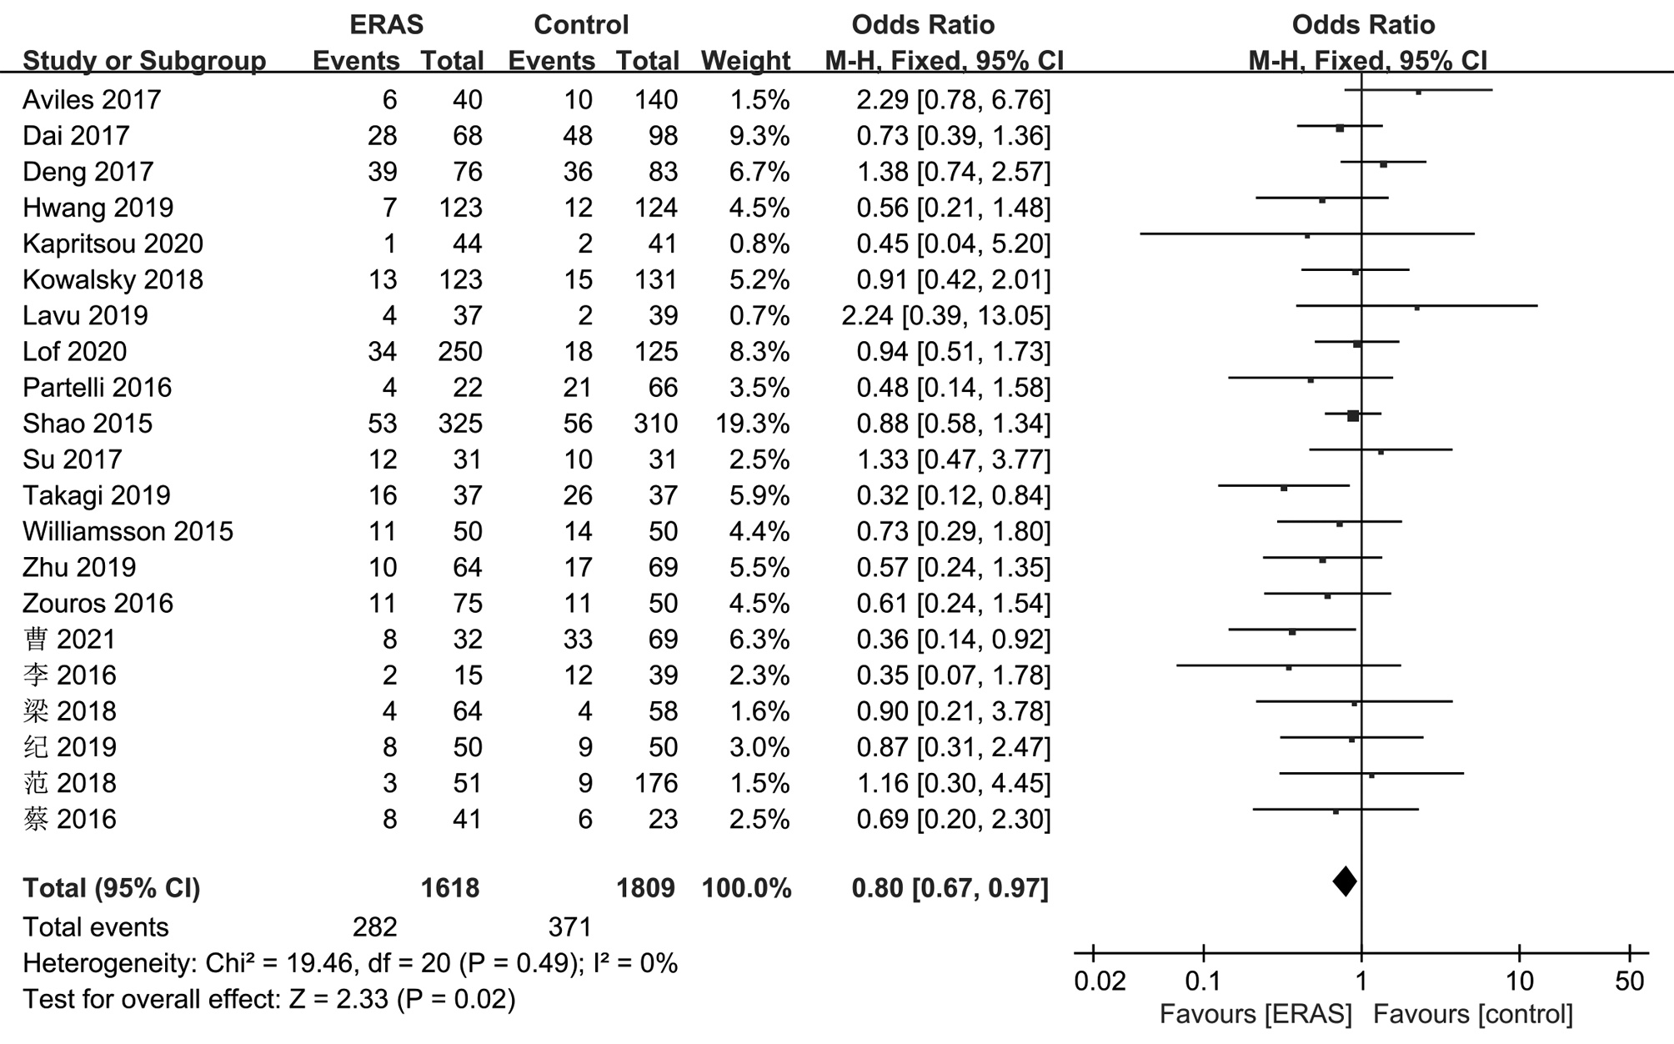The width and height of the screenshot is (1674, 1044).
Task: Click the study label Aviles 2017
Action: (92, 100)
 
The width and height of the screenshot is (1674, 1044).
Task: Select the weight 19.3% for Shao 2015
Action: (752, 424)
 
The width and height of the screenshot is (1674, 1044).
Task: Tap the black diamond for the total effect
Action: (1344, 881)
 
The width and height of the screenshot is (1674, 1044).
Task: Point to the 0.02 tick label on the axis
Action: (1100, 981)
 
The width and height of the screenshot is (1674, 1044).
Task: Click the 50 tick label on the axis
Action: (1629, 981)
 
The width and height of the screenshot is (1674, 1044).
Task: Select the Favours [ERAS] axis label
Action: (1255, 1015)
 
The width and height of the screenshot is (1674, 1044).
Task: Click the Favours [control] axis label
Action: (1473, 1015)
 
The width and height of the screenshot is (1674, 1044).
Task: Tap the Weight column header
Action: (745, 61)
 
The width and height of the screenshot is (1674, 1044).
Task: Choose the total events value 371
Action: (570, 927)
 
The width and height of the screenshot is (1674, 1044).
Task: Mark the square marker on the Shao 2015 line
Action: (1353, 415)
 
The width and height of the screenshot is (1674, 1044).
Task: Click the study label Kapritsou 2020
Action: (113, 243)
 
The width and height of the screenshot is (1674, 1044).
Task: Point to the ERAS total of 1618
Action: (450, 888)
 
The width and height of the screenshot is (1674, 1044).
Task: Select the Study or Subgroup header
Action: (144, 61)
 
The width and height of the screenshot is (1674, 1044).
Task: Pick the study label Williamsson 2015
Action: (128, 531)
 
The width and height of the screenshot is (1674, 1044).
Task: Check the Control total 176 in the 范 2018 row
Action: (655, 783)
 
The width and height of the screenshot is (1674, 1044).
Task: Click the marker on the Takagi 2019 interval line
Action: (1284, 488)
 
